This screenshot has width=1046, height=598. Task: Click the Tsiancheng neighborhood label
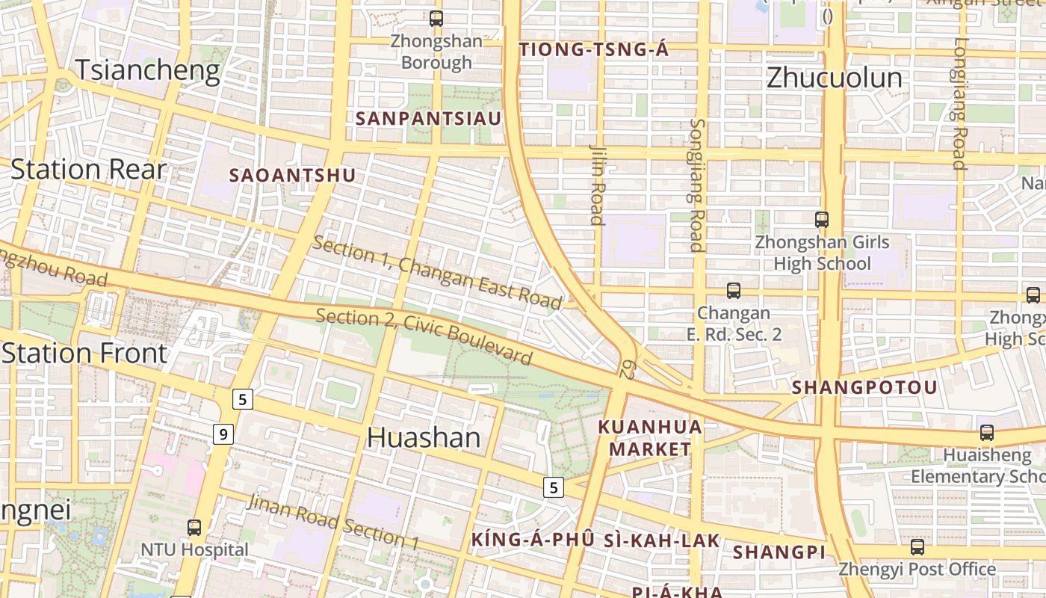coord(148,71)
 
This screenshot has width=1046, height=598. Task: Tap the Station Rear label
coord(88,170)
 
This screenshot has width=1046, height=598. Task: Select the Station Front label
coord(84,353)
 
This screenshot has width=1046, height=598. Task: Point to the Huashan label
coord(424,437)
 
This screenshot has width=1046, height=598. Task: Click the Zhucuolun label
coord(835,78)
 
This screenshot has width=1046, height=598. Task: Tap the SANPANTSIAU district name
coord(428,118)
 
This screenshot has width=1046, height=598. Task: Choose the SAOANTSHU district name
coord(292,175)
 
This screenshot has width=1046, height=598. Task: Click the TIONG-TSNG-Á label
coord(594,50)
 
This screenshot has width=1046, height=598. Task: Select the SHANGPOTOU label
coord(864,387)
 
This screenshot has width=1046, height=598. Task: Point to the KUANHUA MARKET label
coord(650,438)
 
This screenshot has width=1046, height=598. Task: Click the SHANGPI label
coord(779,552)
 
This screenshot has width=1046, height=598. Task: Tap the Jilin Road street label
coord(596,184)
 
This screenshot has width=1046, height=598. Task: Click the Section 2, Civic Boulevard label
coord(424,336)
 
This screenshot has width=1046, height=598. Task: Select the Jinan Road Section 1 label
coord(333,522)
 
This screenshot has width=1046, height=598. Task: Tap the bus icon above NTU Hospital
coord(194,528)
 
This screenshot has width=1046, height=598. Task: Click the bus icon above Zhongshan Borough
coord(436,19)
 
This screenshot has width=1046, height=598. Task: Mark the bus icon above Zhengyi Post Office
coord(917,547)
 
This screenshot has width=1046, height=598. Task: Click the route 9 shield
coord(223,434)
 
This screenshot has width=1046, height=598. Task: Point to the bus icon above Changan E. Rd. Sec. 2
coord(734,291)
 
